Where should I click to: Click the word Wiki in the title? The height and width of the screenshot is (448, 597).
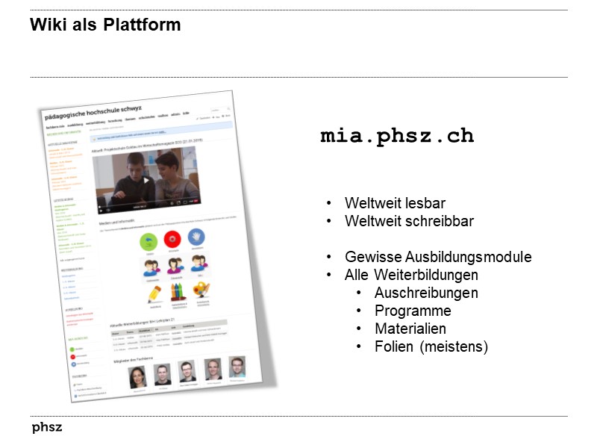point(45,25)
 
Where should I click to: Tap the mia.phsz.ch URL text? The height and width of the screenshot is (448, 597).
point(397,137)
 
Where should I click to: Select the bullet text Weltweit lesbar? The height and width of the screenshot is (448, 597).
point(395,203)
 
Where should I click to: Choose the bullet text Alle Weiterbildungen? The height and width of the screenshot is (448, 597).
point(411,275)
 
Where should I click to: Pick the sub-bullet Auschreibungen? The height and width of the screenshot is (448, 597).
point(426,293)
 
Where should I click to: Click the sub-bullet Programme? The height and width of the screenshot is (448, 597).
point(413,311)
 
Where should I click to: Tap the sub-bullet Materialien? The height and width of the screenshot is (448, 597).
point(410,329)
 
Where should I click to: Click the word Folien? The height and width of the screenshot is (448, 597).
point(393,346)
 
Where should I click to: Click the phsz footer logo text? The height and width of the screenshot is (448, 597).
point(47,428)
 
